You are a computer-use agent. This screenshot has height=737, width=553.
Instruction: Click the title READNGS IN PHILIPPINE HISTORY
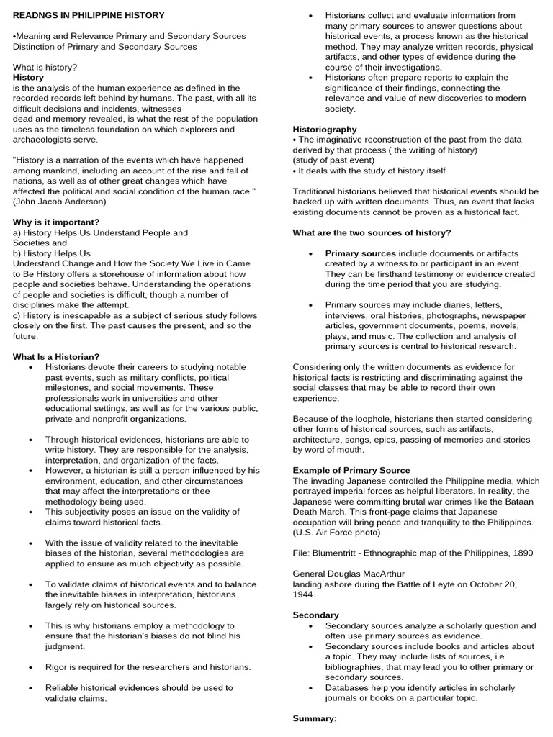tap(89, 15)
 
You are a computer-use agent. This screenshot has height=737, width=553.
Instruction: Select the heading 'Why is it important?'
tap(56, 222)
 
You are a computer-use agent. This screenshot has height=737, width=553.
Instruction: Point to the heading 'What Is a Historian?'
tap(56, 357)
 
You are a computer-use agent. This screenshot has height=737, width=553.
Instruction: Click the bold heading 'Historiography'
tap(325, 130)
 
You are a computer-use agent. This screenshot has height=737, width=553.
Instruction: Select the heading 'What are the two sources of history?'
tap(372, 232)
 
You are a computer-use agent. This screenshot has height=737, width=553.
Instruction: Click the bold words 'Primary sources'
tap(360, 253)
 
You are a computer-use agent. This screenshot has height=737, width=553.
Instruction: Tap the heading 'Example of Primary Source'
tap(351, 471)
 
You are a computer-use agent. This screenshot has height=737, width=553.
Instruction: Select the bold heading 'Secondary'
tap(315, 615)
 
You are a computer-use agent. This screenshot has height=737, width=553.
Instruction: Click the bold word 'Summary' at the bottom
tap(313, 719)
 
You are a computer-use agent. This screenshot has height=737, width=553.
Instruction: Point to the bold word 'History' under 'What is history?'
tap(28, 77)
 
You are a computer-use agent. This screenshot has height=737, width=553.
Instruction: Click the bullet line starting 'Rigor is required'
tap(148, 667)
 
